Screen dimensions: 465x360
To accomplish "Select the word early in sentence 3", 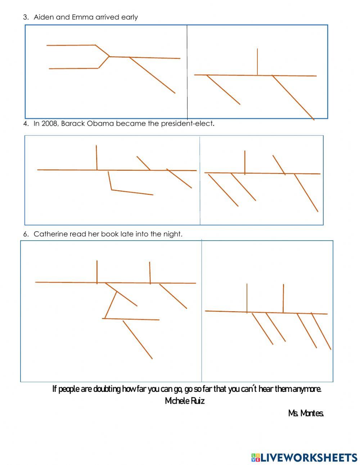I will (x=129, y=17).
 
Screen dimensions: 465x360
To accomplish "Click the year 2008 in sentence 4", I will (x=49, y=124).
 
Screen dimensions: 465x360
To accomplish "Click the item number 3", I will (x=26, y=17).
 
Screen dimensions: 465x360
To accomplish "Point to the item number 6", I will (x=26, y=234).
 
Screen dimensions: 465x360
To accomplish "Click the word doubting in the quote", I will (x=107, y=389).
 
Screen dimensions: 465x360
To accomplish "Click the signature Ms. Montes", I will (x=306, y=413).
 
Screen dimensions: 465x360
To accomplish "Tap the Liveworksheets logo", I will (x=304, y=457).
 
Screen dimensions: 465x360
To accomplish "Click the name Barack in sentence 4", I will (x=73, y=124).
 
